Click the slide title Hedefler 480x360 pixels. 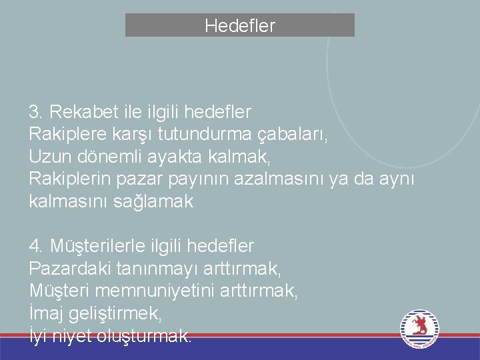tap(239, 26)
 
